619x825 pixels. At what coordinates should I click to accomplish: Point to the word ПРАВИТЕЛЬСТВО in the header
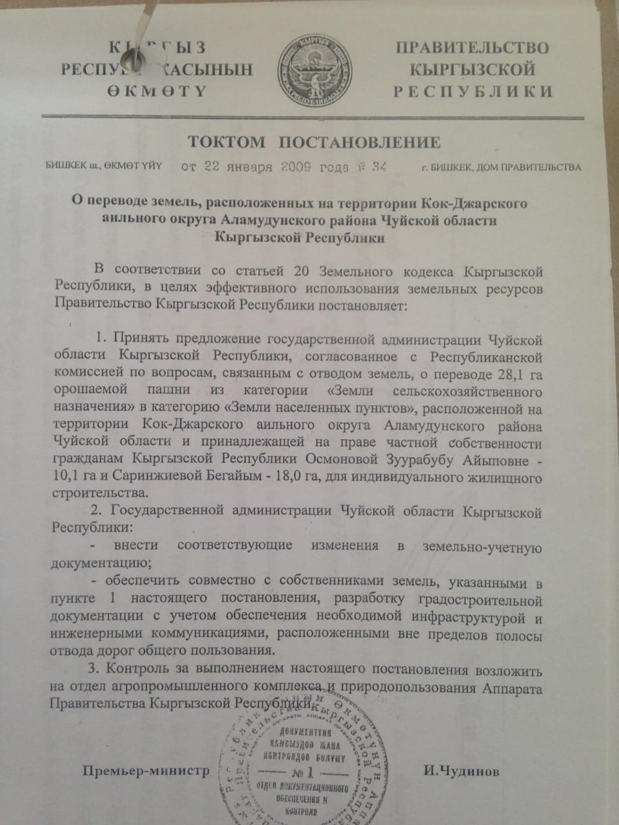472,48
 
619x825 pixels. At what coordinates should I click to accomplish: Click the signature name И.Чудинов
461,772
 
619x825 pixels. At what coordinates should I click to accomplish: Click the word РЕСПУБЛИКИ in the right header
473,91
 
